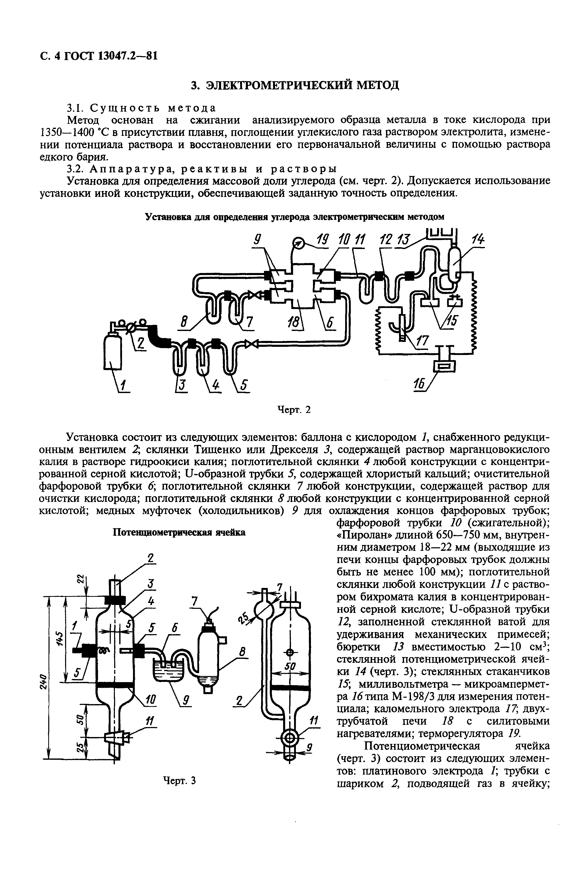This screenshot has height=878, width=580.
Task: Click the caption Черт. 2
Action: click(294, 410)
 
